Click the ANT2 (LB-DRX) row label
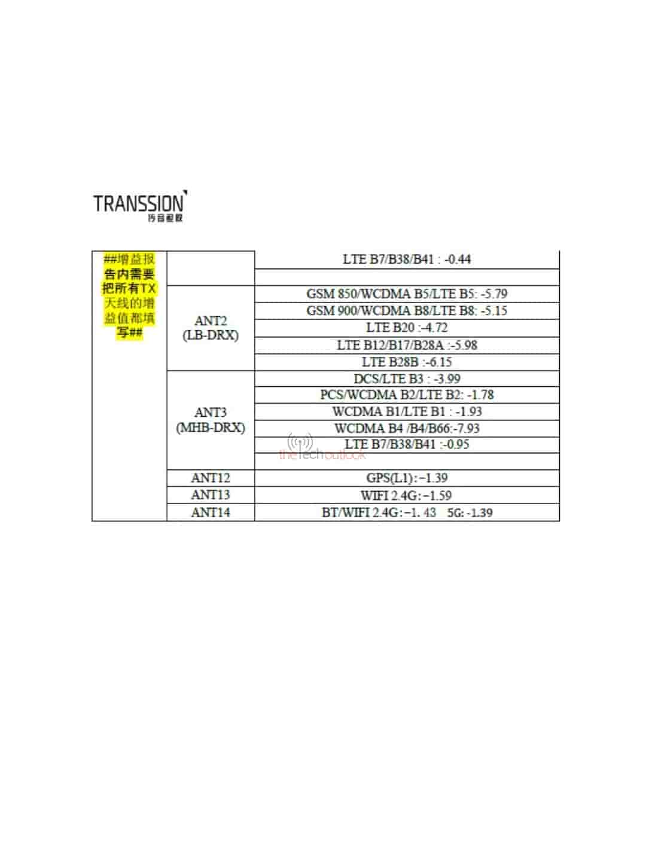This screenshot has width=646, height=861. [211, 328]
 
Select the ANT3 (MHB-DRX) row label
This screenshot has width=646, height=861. [211, 420]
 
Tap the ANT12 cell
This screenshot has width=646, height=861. [211, 478]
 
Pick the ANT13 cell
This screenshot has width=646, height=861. [211, 495]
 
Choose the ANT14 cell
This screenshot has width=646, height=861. [211, 512]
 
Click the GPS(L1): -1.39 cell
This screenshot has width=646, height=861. [407, 478]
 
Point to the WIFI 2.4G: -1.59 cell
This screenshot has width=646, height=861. [406, 496]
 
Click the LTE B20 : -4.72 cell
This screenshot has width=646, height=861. [407, 328]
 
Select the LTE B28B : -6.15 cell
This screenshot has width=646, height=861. [407, 362]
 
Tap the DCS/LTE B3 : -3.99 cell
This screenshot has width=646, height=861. [407, 379]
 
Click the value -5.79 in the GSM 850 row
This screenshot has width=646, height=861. [493, 294]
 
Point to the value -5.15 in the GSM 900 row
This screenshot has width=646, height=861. [493, 311]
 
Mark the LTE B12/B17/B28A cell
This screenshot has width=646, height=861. [407, 345]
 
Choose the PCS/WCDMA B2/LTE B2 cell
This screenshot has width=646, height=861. [407, 395]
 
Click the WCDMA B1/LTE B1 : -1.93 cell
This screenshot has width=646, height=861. [407, 412]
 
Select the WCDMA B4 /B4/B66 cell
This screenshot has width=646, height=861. [407, 429]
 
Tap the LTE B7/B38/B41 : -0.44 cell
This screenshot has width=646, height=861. [407, 259]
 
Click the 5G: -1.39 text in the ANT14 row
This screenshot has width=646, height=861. [470, 513]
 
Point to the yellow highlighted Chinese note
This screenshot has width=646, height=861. [129, 296]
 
